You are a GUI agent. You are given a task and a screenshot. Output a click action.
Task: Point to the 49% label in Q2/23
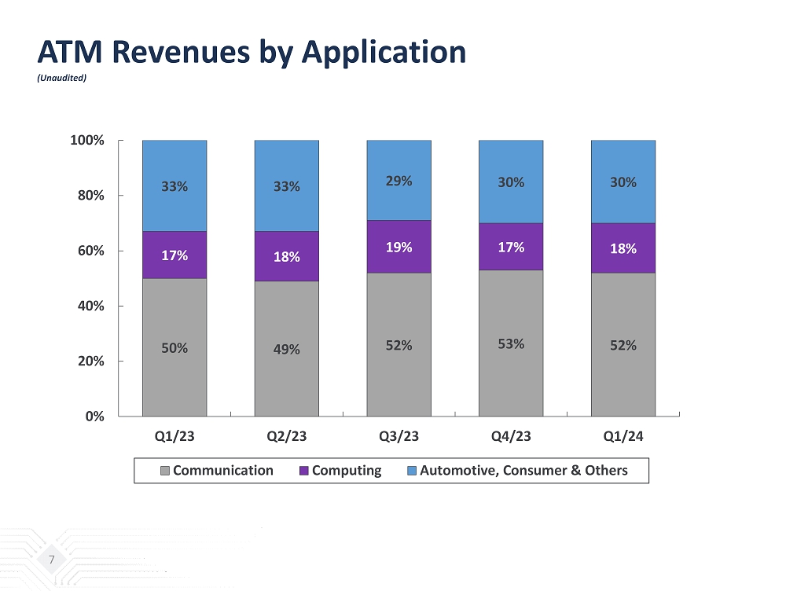point(287,349)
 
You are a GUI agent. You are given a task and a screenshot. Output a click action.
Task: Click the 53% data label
point(511,343)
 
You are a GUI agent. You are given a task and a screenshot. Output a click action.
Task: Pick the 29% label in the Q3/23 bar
point(399,181)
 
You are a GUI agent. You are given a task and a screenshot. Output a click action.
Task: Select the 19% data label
point(399,247)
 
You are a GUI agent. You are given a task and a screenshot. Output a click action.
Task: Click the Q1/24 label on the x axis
point(623,437)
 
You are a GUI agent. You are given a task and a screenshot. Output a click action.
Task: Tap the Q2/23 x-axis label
point(287,437)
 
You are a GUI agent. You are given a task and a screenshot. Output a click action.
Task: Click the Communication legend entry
point(222,471)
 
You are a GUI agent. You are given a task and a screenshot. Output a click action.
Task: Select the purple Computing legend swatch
point(303,471)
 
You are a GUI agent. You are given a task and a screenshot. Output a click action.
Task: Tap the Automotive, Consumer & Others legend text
point(523,471)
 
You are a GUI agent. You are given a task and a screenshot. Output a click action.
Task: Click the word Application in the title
point(384,52)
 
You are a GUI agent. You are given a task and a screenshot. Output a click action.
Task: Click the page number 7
point(52,560)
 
